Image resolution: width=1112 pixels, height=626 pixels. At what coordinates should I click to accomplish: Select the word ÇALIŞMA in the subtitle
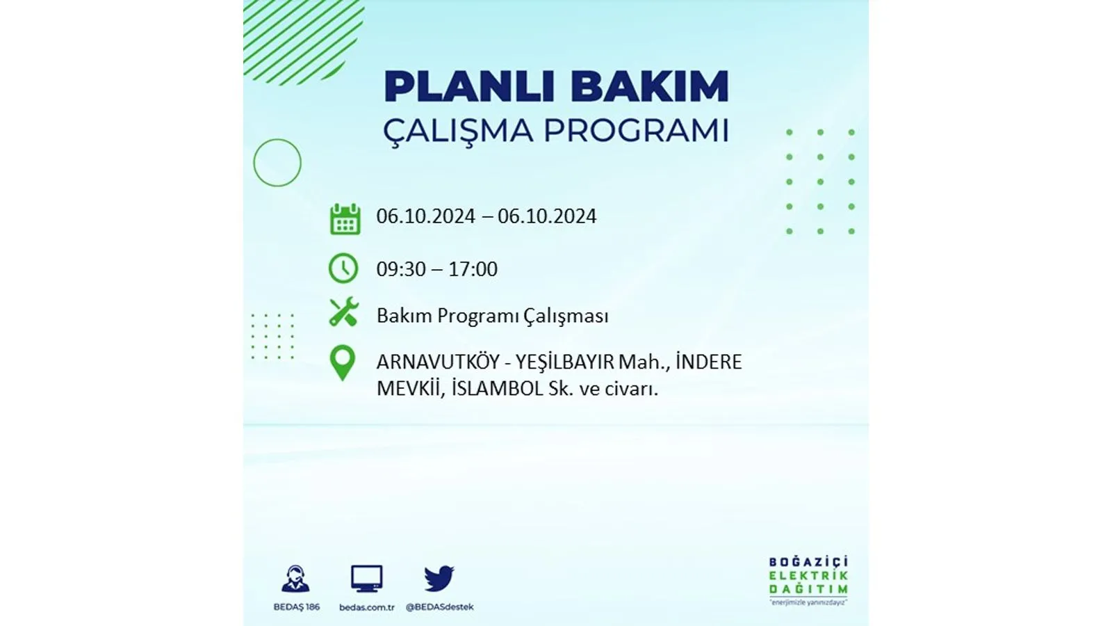[458, 131]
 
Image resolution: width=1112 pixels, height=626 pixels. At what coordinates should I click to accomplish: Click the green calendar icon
[345, 218]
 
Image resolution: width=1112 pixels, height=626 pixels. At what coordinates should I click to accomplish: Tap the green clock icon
[343, 268]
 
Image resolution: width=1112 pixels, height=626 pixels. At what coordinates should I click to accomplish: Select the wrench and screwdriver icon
[343, 312]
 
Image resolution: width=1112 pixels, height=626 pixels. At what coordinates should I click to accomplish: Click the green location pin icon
[343, 363]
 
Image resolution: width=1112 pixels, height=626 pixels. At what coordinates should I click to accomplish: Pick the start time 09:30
[400, 268]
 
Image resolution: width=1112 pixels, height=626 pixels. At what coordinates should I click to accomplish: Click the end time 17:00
[473, 268]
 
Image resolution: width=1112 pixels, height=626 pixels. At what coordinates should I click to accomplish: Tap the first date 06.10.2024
[425, 216]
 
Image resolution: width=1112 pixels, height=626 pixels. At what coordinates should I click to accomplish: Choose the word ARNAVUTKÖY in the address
[438, 361]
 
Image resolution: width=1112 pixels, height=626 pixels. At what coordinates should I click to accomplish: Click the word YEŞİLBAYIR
[564, 361]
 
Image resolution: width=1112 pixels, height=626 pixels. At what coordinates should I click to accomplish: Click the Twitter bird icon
[439, 578]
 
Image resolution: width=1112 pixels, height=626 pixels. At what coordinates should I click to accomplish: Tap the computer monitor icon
[367, 578]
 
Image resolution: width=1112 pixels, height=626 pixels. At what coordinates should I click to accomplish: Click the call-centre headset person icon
[295, 579]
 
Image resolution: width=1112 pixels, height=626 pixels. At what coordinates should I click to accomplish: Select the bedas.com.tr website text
[367, 607]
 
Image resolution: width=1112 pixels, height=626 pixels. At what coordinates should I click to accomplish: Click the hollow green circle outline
[254, 163]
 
